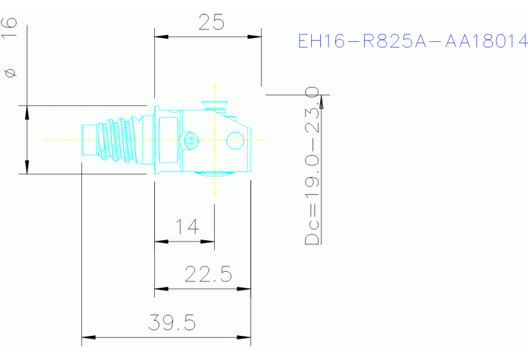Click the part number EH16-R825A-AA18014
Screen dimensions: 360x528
[412, 41]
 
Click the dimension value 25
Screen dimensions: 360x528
[211, 23]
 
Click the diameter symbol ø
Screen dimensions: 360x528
[10, 72]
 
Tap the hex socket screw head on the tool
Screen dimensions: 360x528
[191, 141]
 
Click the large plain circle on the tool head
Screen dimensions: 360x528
[235, 141]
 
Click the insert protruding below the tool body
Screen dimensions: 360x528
[215, 173]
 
